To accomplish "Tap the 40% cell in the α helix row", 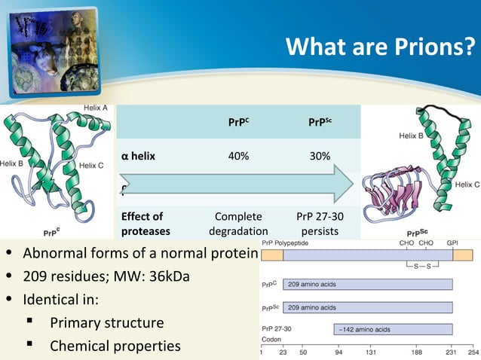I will (x=238, y=156).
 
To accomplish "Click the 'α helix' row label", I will (x=138, y=156).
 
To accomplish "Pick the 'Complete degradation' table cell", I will (x=238, y=223).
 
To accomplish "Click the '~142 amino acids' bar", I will (x=392, y=329).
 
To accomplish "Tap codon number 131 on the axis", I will (x=371, y=352).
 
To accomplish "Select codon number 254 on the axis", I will (x=472, y=352).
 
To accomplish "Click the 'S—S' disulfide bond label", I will (x=418, y=267).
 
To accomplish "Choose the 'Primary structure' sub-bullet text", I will (x=106, y=323).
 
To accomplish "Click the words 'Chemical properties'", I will (x=115, y=346).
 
